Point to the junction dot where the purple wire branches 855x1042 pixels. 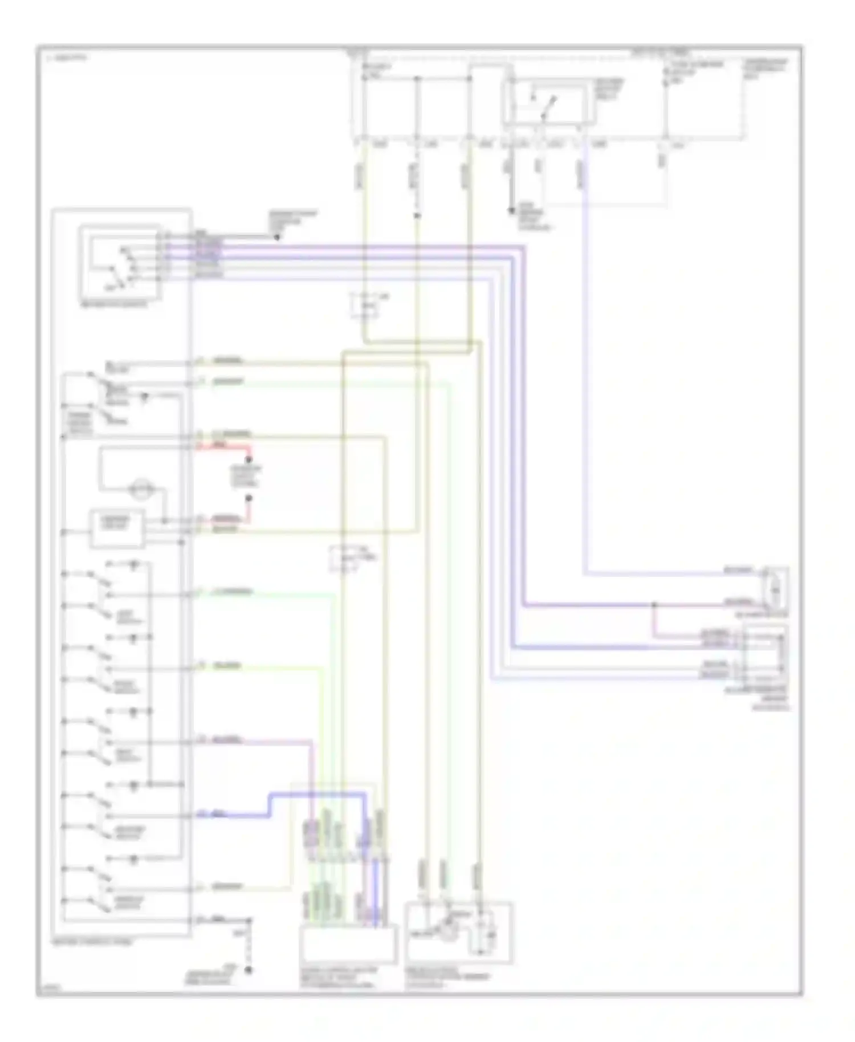point(654,604)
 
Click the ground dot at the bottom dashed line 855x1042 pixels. point(249,970)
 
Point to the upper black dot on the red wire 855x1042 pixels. point(249,459)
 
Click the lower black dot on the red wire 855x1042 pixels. point(249,498)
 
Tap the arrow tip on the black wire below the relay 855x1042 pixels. point(512,210)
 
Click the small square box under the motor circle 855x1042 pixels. point(116,530)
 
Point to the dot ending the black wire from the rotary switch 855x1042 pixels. point(277,237)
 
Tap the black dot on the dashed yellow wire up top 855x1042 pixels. point(417,215)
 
